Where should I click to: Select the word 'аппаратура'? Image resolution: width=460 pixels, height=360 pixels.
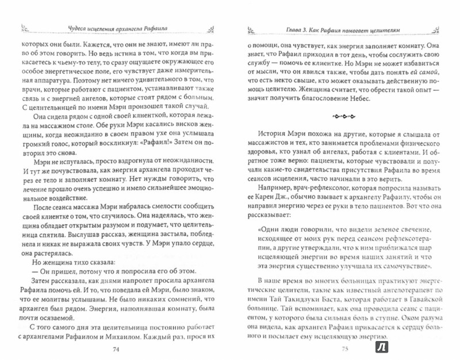[x=39, y=77]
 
